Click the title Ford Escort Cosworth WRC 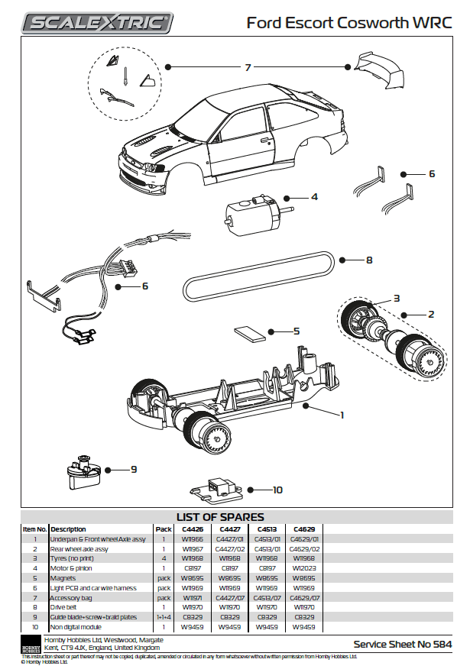pos(348,23)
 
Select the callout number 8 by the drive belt pos(368,260)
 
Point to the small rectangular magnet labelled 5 pos(249,332)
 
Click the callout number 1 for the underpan pos(342,415)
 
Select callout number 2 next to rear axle pos(431,314)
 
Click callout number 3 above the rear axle pos(397,298)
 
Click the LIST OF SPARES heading pos(220,517)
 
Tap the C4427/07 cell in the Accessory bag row pos(229,598)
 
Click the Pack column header pos(164,529)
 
